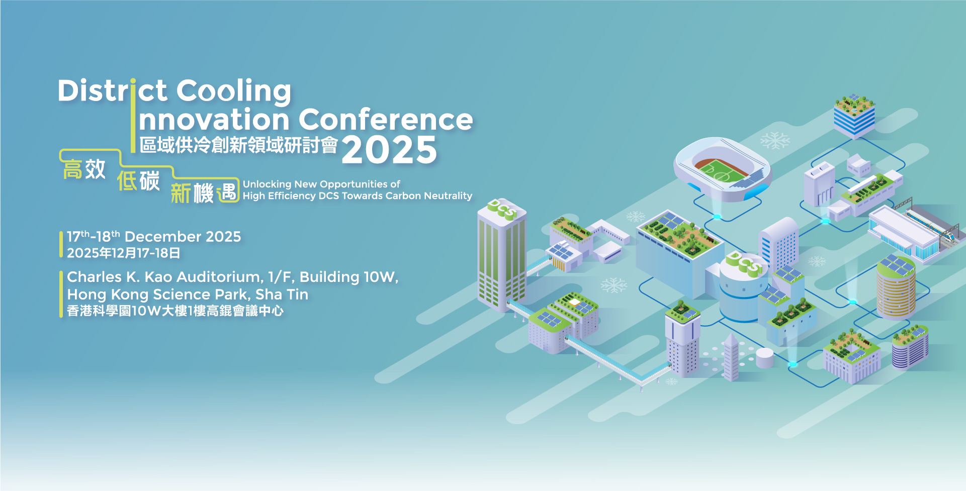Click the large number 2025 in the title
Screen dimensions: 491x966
click(389, 150)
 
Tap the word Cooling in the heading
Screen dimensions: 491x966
click(233, 91)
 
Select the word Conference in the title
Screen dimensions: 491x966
click(386, 120)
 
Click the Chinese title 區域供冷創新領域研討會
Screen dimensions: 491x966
click(238, 145)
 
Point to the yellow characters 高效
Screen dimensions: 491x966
click(84, 169)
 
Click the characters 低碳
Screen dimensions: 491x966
click(138, 180)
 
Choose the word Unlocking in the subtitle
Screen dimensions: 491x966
click(267, 184)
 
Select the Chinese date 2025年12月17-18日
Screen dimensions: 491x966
click(123, 253)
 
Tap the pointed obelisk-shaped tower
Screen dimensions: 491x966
click(731, 357)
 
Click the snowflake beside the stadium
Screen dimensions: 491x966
click(775, 141)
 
